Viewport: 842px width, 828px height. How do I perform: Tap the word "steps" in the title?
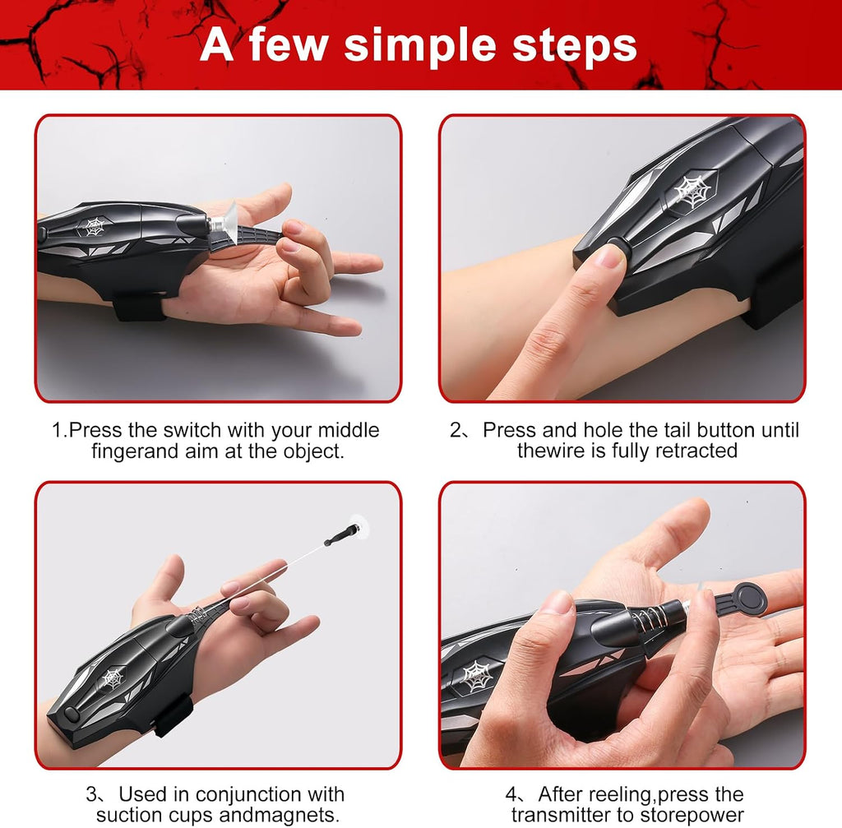575,46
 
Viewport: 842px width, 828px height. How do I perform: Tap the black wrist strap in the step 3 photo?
173,715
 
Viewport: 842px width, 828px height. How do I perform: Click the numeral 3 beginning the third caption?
91,795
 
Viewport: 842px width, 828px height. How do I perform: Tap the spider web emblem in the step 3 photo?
113,678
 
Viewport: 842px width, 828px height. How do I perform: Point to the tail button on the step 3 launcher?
72,715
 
